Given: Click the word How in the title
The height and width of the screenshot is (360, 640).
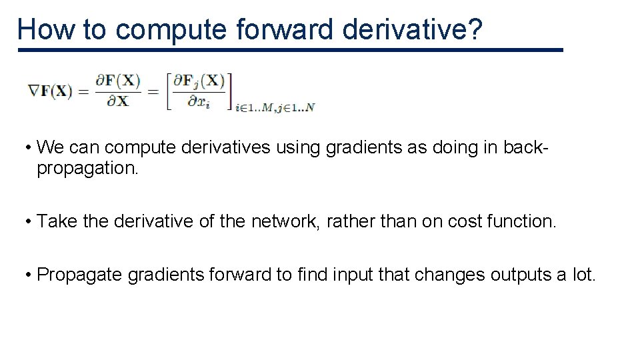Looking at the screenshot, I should (x=43, y=30).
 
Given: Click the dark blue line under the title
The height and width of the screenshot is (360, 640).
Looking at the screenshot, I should (x=291, y=50).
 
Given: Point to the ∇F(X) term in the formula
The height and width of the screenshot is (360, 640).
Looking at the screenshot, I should (x=50, y=91).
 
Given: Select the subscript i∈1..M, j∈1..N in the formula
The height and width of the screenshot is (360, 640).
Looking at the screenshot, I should (x=274, y=107).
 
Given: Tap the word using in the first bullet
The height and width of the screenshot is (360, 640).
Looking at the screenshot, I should (x=298, y=147).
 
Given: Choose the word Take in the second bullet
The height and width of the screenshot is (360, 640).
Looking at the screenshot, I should (x=57, y=221).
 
